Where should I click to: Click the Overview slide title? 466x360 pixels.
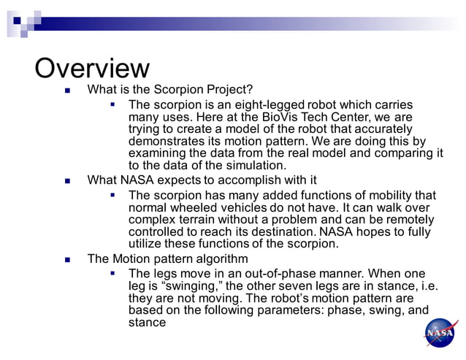92,68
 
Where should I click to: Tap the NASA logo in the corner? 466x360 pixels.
441,333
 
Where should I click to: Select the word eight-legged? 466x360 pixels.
272,105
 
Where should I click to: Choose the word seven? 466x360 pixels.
290,286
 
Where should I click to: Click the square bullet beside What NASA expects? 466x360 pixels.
68,180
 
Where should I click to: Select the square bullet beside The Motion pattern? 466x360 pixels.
68,259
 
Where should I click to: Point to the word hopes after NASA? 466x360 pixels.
374,231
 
